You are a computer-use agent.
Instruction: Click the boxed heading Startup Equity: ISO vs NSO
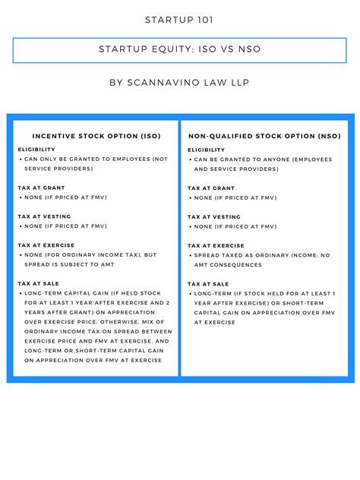pyautogui.click(x=179, y=50)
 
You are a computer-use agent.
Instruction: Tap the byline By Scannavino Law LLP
pyautogui.click(x=179, y=82)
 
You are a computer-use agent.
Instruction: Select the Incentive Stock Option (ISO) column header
pyautogui.click(x=96, y=136)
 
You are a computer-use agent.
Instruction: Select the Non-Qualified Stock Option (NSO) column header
pyautogui.click(x=264, y=136)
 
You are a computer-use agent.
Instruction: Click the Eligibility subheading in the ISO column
pyautogui.click(x=37, y=150)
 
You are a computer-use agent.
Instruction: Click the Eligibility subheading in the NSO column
pyautogui.click(x=207, y=150)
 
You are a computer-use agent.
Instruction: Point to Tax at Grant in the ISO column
pyautogui.click(x=41, y=188)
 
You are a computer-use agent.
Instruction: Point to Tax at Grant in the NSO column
pyautogui.click(x=211, y=188)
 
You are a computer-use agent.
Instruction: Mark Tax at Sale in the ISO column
pyautogui.click(x=39, y=283)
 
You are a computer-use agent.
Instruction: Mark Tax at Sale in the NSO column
pyautogui.click(x=208, y=283)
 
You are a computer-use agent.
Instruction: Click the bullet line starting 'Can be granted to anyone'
pyautogui.click(x=262, y=159)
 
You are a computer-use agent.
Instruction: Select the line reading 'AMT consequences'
pyautogui.click(x=228, y=265)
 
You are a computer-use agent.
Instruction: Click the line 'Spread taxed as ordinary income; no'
pyautogui.click(x=262, y=255)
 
